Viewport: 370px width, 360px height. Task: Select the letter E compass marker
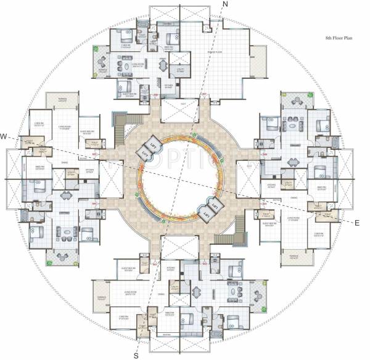(357, 224)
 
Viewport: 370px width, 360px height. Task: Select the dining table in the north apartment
(162, 65)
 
